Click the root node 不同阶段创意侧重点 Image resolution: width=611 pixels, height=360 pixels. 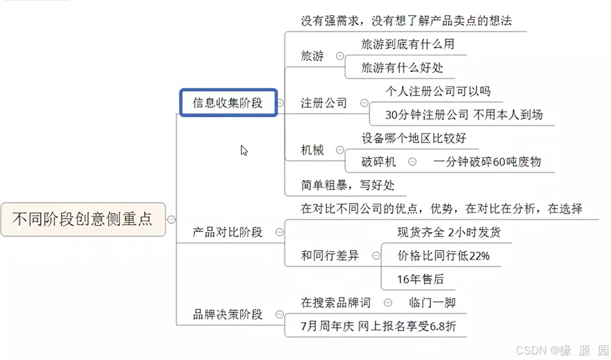tap(83, 219)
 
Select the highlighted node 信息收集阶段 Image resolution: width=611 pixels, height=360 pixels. tap(227, 103)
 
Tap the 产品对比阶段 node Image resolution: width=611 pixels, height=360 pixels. tap(227, 232)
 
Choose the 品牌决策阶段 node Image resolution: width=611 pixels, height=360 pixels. tap(227, 314)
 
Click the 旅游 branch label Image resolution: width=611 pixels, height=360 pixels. tap(312, 56)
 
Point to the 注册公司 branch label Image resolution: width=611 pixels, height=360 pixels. tap(323, 103)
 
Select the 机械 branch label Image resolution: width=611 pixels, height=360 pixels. tap(312, 150)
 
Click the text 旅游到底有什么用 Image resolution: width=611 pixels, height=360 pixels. tap(407, 44)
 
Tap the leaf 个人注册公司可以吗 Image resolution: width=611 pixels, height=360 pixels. tap(438, 91)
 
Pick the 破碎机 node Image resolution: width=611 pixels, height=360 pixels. tap(378, 162)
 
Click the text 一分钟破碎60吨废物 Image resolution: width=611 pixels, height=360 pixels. tap(487, 162)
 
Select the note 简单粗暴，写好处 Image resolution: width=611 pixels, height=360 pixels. tap(347, 185)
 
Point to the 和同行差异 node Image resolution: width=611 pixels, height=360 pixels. tap(329, 256)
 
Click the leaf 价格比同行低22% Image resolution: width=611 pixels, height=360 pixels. tap(443, 256)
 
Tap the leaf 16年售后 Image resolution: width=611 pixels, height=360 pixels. tap(420, 279)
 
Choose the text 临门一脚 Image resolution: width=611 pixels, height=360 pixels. tap(432, 302)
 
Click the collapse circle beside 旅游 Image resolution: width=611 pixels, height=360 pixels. tap(340, 56)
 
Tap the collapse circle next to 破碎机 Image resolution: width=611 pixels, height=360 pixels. tap(412, 162)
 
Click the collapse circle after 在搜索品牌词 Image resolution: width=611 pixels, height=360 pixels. tap(388, 302)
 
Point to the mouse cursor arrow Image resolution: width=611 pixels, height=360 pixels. tap(244, 150)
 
